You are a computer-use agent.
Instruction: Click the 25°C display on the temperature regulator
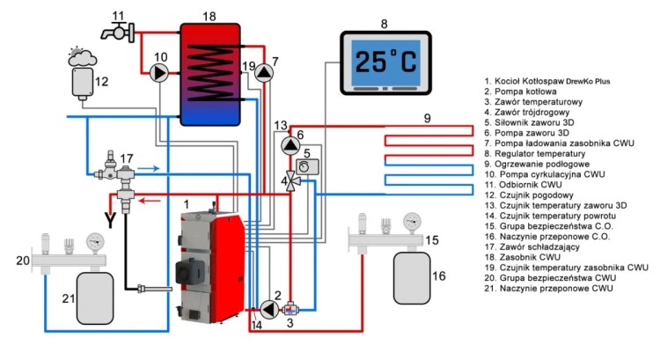[385, 62]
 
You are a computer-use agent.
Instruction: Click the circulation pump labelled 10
[160, 73]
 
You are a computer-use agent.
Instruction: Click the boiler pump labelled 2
[267, 308]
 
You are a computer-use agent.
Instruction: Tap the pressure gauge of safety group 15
[409, 220]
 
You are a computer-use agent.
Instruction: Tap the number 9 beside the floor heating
[428, 118]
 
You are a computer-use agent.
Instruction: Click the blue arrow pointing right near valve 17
[150, 166]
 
